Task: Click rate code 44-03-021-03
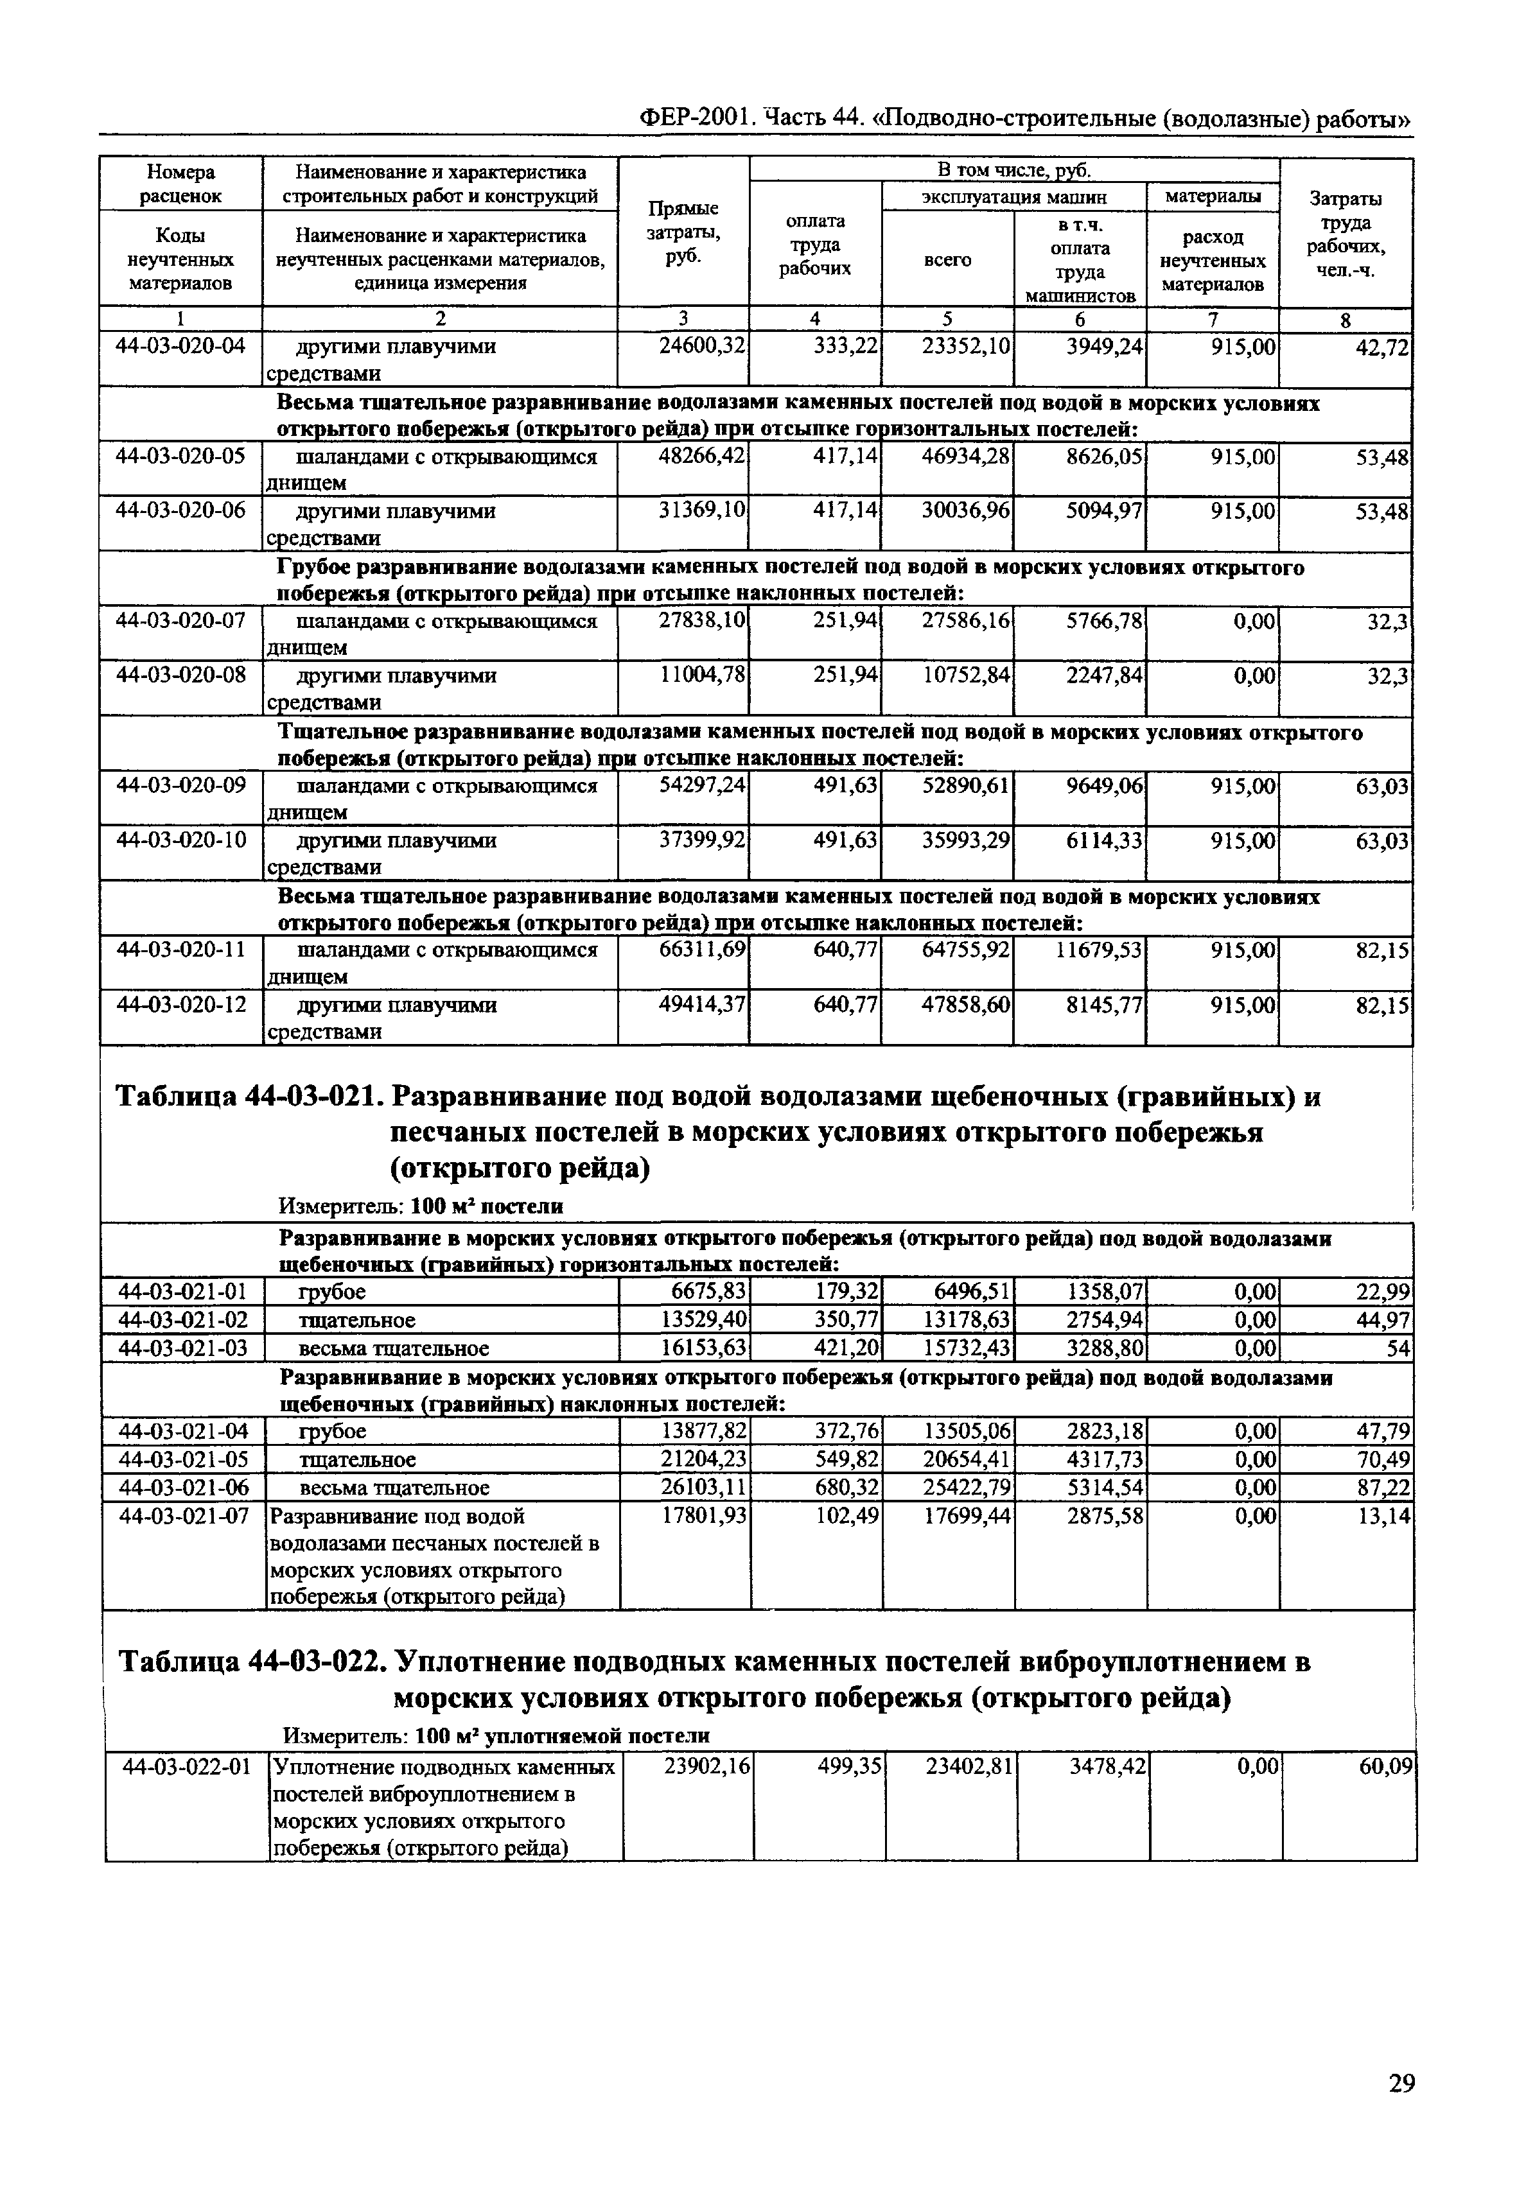point(182,1348)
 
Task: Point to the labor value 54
point(1398,1348)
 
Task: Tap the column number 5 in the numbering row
point(947,319)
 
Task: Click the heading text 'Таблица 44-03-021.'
point(247,1098)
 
